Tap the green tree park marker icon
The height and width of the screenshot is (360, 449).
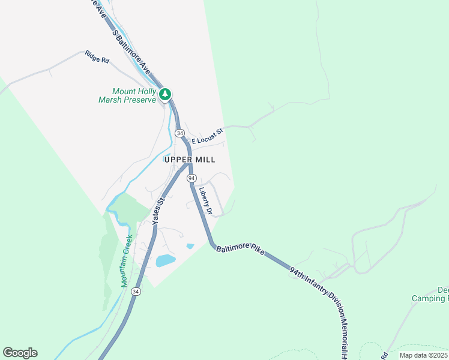[x=165, y=94]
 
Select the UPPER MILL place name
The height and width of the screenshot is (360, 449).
[x=189, y=160]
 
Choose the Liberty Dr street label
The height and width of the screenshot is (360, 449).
[x=206, y=202]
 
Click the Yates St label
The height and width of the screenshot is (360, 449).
[x=158, y=211]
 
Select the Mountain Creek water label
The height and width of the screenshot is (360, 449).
[x=127, y=260]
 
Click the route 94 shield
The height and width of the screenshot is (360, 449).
[x=191, y=179]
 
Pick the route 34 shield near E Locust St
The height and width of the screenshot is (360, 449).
[x=179, y=132]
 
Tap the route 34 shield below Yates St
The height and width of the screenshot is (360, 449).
[x=136, y=292]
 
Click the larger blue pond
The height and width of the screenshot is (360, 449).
[x=165, y=260]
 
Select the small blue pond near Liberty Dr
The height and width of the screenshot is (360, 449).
[x=190, y=246]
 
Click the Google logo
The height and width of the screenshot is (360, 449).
[x=20, y=353]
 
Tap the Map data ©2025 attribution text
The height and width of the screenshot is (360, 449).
[x=423, y=355]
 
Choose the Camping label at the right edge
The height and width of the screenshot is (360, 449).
[x=430, y=298]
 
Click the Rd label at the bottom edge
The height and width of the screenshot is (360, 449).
[x=384, y=356]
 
